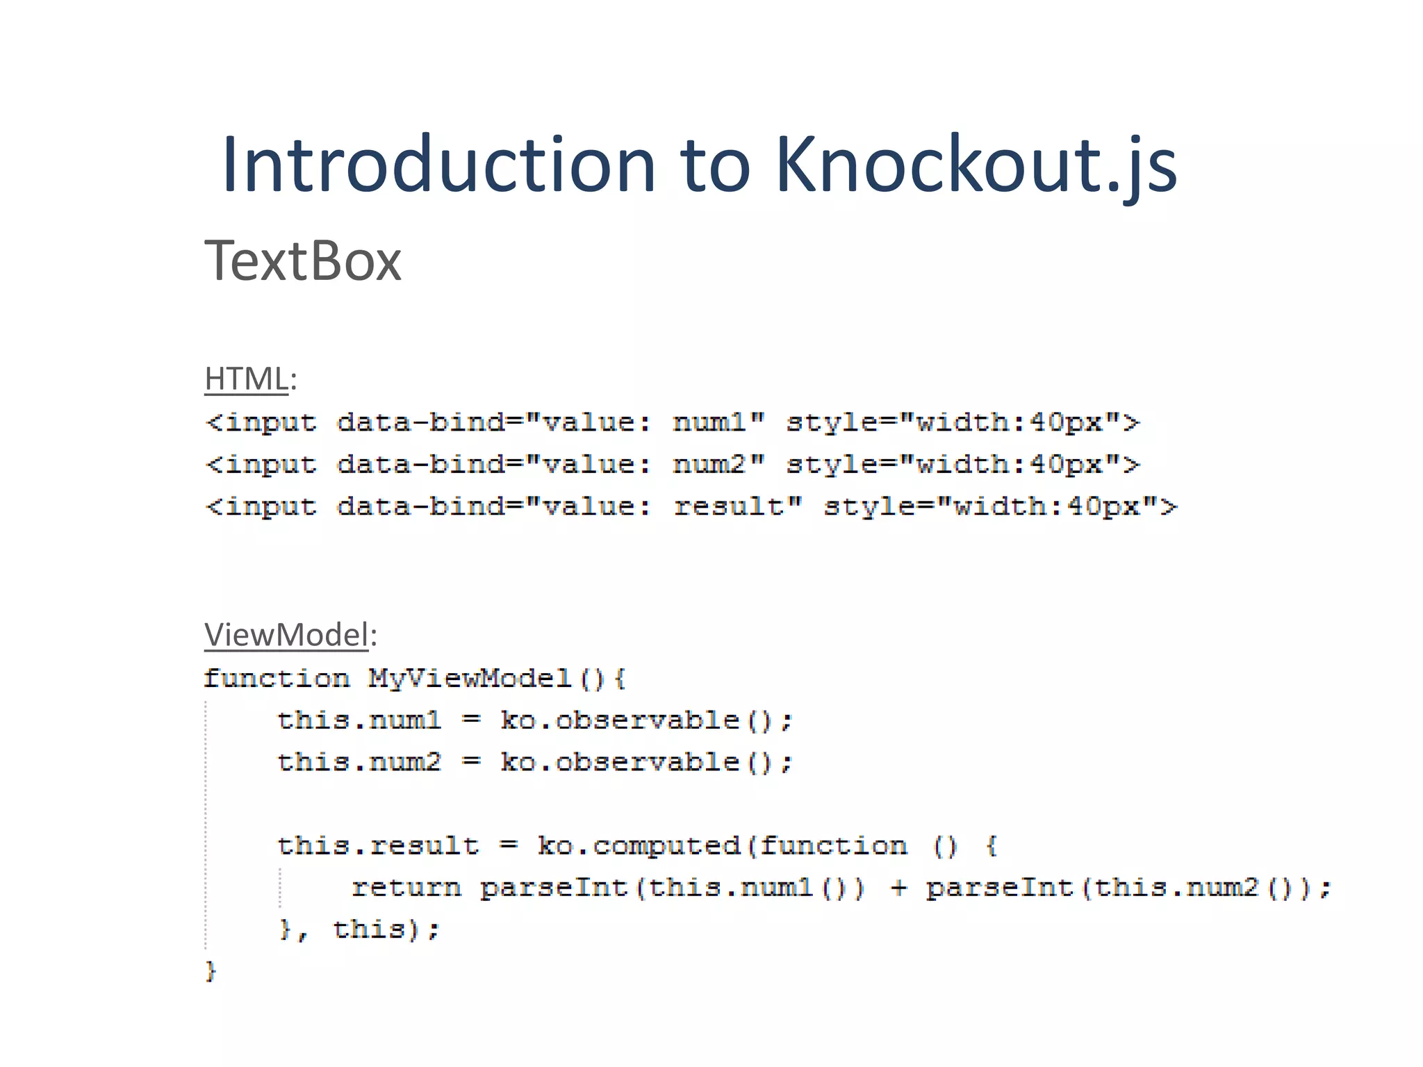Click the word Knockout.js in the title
point(976,165)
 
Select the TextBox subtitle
point(303,261)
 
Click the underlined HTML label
point(246,379)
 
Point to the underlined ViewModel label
point(286,635)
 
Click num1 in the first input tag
point(709,422)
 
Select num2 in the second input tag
point(709,464)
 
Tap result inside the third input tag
point(728,506)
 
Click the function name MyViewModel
point(469,678)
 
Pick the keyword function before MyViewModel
point(277,678)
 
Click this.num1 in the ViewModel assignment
point(359,720)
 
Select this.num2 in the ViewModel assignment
point(359,762)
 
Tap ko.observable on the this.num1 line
point(620,720)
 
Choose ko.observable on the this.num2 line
point(620,762)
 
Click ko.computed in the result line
point(639,845)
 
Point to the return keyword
point(406,888)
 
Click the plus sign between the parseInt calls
point(898,888)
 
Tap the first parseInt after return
point(554,888)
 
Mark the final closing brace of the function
point(211,971)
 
